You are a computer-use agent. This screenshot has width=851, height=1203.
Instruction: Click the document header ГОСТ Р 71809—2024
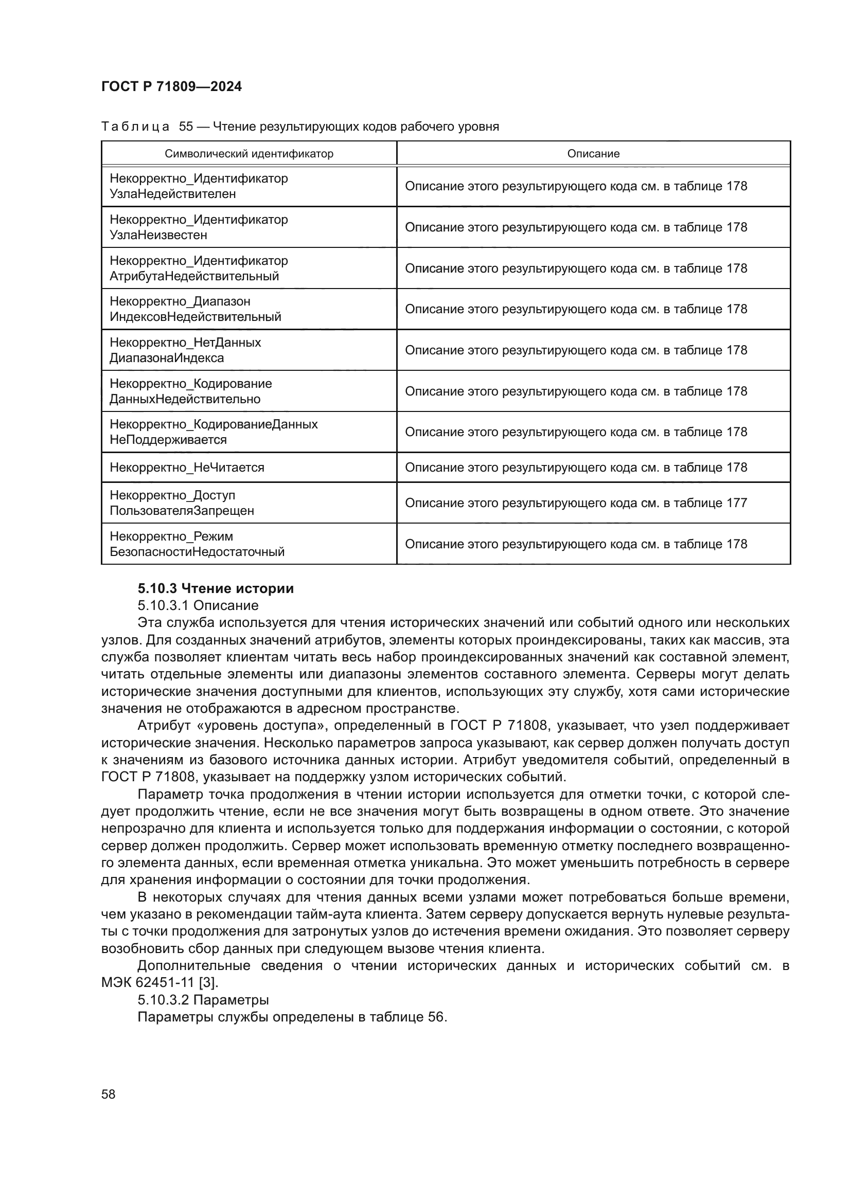click(x=171, y=86)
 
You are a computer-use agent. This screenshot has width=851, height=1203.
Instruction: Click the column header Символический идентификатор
click(x=249, y=153)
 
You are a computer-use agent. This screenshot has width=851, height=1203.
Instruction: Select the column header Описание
click(x=593, y=153)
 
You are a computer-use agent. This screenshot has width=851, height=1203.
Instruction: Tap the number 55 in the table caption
click(x=186, y=127)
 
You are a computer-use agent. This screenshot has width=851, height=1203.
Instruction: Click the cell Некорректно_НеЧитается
click(x=187, y=468)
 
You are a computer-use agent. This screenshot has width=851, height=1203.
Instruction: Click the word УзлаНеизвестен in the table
click(x=158, y=235)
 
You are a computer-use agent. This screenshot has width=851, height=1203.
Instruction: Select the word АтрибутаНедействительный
click(x=194, y=276)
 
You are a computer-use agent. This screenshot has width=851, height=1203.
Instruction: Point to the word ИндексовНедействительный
click(x=196, y=317)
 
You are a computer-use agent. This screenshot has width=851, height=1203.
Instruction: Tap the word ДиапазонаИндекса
click(x=167, y=358)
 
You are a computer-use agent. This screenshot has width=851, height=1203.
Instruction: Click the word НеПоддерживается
click(x=168, y=440)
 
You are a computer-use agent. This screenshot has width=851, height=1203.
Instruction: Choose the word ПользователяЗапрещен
click(x=182, y=511)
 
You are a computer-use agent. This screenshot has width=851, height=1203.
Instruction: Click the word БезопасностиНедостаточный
click(x=197, y=552)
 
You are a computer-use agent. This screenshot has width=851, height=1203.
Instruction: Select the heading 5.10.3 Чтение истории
click(x=216, y=588)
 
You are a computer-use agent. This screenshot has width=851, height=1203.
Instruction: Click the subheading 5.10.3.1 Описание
click(x=198, y=606)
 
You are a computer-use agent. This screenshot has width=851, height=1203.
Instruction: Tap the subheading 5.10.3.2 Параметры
click(x=203, y=1000)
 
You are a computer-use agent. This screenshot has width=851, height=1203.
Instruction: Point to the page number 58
click(x=109, y=1094)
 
